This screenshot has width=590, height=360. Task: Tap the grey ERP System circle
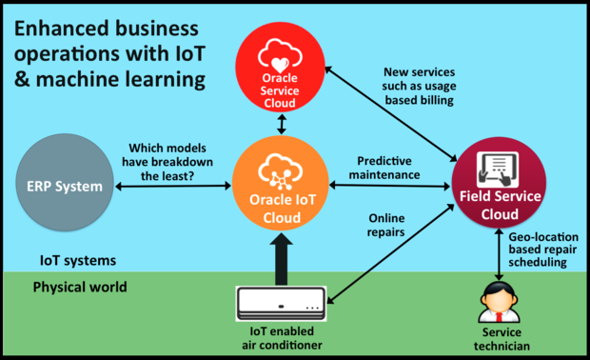[x=65, y=186]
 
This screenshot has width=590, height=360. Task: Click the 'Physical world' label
[x=80, y=287]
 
